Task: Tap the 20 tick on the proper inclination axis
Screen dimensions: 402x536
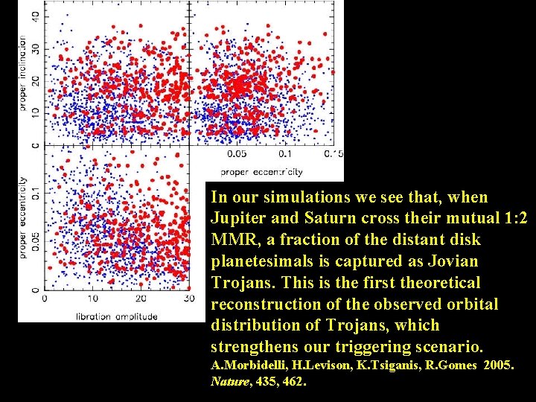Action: [x=35, y=79]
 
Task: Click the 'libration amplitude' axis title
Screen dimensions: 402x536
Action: [x=117, y=316]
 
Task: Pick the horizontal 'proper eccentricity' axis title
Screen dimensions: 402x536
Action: [x=262, y=171]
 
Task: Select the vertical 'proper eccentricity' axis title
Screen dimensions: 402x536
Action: [x=23, y=217]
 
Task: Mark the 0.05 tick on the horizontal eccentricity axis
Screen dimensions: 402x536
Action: [x=237, y=154]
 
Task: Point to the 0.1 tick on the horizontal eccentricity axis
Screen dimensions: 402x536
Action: [x=285, y=154]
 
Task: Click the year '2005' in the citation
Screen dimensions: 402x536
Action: [x=499, y=366]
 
